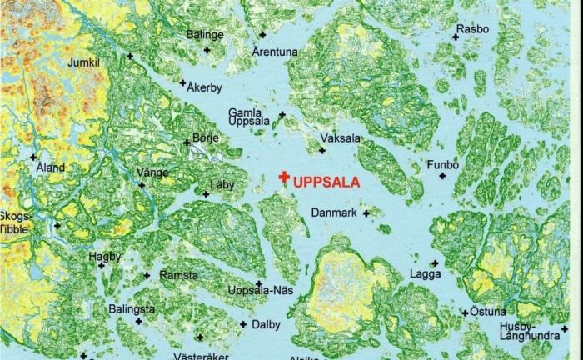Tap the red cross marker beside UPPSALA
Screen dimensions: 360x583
point(284,177)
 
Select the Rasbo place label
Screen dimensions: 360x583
point(472,29)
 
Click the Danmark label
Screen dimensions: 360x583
point(334,213)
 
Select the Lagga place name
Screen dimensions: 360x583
point(425,273)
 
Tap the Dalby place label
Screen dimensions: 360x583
point(266,324)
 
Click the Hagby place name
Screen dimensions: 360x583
point(105,257)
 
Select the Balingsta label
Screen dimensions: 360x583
point(132,309)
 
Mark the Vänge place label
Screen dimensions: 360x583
point(152,172)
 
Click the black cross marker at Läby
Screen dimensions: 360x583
point(206,194)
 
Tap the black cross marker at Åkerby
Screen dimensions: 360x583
point(182,82)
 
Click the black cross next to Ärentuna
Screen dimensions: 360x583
point(262,35)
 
